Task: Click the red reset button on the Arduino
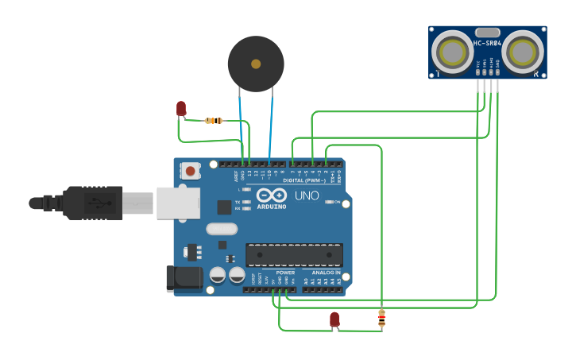click(x=190, y=170)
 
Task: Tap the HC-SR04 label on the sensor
click(x=487, y=43)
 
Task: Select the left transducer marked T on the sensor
click(x=453, y=52)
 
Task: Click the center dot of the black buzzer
click(x=256, y=64)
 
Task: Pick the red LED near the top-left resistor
click(x=181, y=108)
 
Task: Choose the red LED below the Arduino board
click(x=334, y=319)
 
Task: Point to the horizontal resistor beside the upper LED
click(x=213, y=121)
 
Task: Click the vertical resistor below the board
click(x=381, y=319)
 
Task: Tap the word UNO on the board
click(x=307, y=195)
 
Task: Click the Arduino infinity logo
click(x=271, y=195)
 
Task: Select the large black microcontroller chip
click(x=294, y=255)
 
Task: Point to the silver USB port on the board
click(x=176, y=203)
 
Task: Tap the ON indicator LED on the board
click(x=330, y=202)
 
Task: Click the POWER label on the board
click(x=285, y=273)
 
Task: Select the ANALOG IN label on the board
click(x=326, y=273)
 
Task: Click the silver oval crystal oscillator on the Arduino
click(x=222, y=229)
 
